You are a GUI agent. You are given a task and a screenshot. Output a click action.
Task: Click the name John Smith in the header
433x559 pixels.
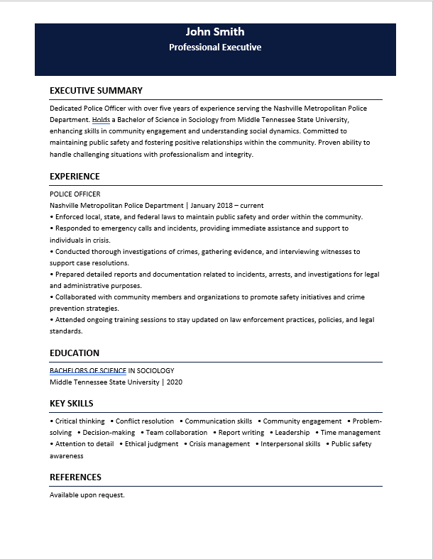pos(215,32)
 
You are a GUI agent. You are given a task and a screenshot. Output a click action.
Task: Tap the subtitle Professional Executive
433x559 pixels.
pos(215,48)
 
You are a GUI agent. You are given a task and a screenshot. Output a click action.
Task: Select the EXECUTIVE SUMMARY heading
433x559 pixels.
pos(96,91)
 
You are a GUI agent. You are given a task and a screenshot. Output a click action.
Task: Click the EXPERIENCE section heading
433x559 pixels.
pos(75,177)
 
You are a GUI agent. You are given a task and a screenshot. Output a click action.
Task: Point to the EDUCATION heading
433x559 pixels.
pos(75,353)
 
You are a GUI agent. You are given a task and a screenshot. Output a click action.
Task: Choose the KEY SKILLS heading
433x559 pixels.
pos(71,404)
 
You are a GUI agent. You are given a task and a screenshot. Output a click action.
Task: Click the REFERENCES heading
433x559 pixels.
pos(75,477)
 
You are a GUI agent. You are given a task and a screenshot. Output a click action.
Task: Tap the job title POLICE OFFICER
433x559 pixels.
pos(75,194)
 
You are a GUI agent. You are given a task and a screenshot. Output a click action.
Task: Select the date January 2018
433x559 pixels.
pos(216,206)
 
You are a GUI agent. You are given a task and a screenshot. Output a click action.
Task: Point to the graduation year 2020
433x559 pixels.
pos(175,382)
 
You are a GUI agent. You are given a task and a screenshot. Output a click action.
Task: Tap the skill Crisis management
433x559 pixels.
pos(219,444)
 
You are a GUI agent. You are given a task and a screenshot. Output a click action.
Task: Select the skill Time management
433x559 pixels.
pos(350,433)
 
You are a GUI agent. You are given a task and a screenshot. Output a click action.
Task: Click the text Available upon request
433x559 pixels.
pos(87,495)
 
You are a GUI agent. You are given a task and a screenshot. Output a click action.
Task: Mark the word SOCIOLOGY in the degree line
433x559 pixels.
pos(155,370)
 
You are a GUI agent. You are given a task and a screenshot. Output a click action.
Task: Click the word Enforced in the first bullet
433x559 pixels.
pos(70,217)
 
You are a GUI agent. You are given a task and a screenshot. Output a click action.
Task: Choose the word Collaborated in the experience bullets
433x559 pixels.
pos(76,297)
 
